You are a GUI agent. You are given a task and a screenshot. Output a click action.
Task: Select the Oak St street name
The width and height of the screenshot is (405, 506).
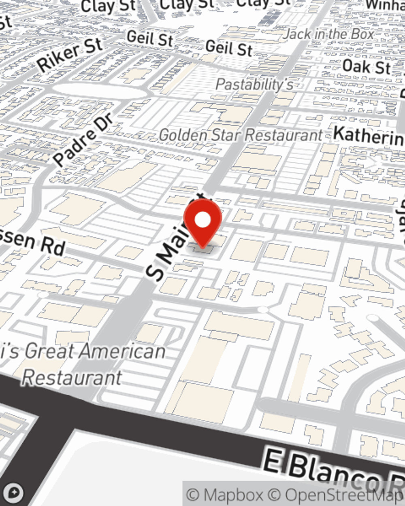[x=367, y=66]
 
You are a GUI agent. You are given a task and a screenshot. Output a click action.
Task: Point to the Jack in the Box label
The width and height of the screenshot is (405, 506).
[x=328, y=34]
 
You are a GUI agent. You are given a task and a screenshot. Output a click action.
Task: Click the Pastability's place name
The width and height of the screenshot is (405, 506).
[x=254, y=85]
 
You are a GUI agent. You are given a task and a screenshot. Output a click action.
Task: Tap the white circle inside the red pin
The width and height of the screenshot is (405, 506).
[x=203, y=220]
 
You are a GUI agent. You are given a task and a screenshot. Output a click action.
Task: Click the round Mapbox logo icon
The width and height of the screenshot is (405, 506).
[x=13, y=493]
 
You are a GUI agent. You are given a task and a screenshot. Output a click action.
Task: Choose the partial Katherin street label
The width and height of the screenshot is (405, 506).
[x=369, y=136]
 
